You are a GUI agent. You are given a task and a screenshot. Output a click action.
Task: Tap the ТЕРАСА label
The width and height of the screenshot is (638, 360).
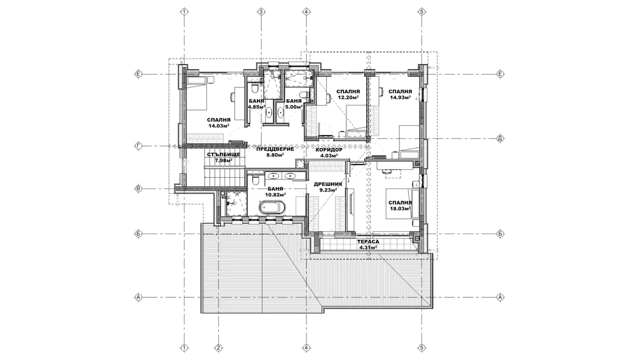coord(368,241)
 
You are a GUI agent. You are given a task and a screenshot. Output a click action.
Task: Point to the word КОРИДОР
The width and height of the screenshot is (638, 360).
coord(329,150)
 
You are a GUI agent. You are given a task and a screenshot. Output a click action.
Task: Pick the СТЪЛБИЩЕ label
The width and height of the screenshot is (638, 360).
coord(223,154)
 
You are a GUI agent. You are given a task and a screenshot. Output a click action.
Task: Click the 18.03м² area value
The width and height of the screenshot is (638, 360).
coord(400,208)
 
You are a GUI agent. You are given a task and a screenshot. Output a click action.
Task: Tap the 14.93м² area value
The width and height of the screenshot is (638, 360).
coord(400,97)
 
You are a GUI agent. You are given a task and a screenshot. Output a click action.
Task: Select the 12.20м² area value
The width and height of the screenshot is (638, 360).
coord(348,97)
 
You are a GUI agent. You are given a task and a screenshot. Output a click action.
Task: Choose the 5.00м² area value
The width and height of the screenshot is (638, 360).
coord(294,107)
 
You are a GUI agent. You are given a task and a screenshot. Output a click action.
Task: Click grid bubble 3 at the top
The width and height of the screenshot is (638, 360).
coord(261,12)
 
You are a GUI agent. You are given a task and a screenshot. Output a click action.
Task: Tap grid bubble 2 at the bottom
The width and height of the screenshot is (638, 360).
coord(219,348)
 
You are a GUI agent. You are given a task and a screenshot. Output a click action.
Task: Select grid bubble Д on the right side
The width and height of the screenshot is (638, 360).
coord(500,138)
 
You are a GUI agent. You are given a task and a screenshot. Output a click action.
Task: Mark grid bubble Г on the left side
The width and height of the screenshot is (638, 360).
coord(138,146)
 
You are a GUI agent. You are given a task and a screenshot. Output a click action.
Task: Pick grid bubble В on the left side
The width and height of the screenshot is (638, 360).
coord(138,189)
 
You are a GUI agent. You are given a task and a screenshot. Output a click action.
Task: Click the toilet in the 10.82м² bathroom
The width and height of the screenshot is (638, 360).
coord(255,179)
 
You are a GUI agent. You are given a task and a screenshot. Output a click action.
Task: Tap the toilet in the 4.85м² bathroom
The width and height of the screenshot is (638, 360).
coord(254,87)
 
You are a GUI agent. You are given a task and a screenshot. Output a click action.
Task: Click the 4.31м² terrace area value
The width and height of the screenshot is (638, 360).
coord(368,247)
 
